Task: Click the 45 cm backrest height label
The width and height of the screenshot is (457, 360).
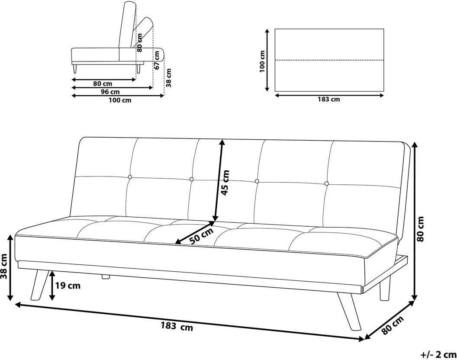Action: click(x=225, y=183)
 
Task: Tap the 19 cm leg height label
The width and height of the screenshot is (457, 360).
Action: click(x=68, y=286)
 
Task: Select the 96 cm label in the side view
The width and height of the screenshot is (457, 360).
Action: click(x=110, y=92)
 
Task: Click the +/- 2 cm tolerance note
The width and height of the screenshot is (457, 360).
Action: click(x=438, y=354)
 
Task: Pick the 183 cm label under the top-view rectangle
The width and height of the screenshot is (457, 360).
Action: click(x=329, y=100)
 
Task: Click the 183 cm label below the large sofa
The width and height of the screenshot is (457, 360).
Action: click(x=177, y=327)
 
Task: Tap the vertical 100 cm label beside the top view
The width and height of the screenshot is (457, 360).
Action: click(x=262, y=61)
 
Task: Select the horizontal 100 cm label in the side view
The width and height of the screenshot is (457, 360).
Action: click(x=120, y=100)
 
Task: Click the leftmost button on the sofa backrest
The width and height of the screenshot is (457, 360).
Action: click(x=130, y=177)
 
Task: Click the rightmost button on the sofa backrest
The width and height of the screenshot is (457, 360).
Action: click(x=326, y=183)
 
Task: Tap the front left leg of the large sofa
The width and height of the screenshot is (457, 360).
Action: click(x=39, y=285)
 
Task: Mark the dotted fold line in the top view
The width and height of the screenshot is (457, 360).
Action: click(x=329, y=60)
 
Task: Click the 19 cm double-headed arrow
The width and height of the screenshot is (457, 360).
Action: click(x=52, y=286)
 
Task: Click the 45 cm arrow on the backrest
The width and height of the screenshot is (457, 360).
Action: click(x=219, y=180)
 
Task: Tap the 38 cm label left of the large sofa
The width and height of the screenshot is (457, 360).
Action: click(x=4, y=270)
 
